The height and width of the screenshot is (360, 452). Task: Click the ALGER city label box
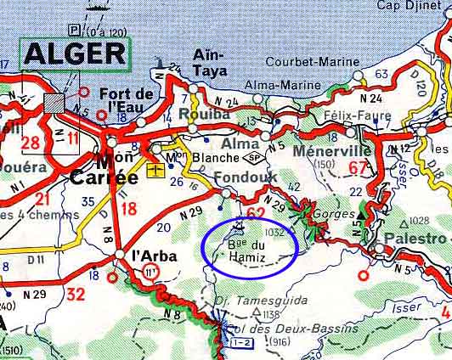(74, 53)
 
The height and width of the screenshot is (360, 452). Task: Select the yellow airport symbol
(155, 172)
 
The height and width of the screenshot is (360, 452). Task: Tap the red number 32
(76, 295)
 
